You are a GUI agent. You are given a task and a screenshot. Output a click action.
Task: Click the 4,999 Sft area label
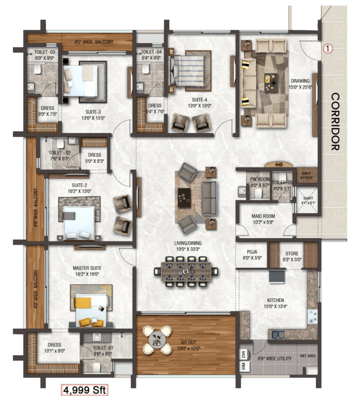[x=85, y=389]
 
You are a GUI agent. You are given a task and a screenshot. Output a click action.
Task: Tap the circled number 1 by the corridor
[x=328, y=48]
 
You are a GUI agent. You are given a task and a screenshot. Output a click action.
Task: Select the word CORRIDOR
[x=335, y=122]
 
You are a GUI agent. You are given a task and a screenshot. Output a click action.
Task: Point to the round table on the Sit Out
[x=158, y=341]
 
